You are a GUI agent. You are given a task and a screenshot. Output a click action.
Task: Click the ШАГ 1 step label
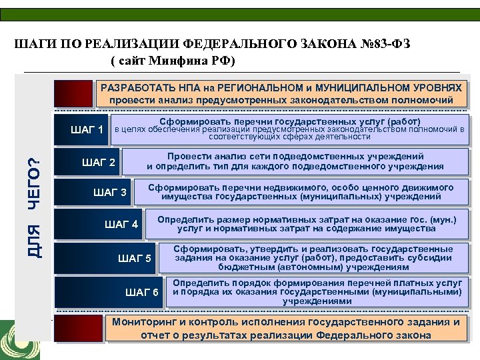pyautogui.click(x=86, y=129)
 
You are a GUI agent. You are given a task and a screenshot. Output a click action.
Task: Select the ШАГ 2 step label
pyautogui.click(x=98, y=163)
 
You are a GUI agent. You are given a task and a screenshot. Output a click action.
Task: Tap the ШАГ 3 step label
pyautogui.click(x=110, y=193)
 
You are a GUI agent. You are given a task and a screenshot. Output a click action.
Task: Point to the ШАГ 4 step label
pyautogui.click(x=121, y=224)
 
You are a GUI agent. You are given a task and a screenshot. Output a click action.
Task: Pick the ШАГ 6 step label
pyautogui.click(x=142, y=292)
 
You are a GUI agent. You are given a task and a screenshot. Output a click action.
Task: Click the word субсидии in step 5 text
pyautogui.click(x=427, y=257)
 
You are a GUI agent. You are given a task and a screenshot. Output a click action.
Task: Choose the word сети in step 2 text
pyautogui.click(x=253, y=156)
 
